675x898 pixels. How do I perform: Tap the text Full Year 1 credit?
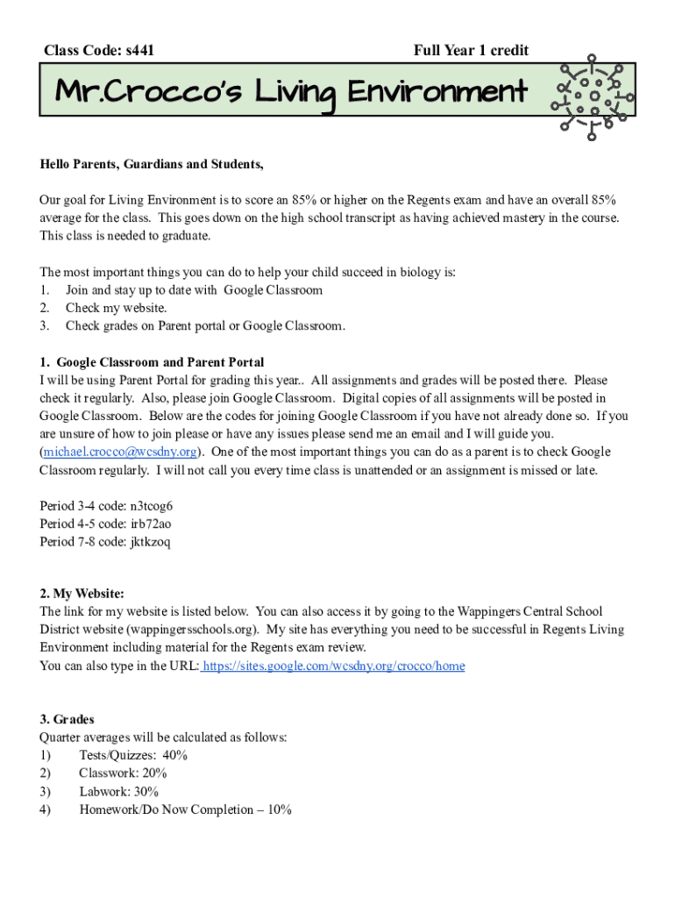coord(471,51)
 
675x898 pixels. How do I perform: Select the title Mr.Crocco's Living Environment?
coord(291,92)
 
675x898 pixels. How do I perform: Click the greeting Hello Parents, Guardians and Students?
coord(151,164)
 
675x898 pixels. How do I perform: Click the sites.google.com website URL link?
coord(333,666)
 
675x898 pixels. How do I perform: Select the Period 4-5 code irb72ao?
coord(151,524)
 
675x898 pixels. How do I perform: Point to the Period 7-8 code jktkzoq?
coord(150,541)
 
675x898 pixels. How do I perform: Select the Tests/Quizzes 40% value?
coord(175,755)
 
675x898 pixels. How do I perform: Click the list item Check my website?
coord(116,308)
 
